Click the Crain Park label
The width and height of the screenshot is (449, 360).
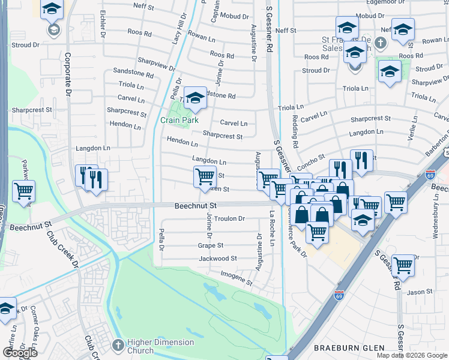(x=179, y=120)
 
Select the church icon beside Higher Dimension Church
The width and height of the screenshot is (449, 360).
(x=118, y=346)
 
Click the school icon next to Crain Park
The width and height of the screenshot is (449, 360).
(x=195, y=97)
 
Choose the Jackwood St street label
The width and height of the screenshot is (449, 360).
(x=217, y=259)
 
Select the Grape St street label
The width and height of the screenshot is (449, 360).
(x=211, y=245)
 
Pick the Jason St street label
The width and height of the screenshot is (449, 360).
(x=420, y=292)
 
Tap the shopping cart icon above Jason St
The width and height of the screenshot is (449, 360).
(x=403, y=264)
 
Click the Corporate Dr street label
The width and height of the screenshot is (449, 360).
(x=68, y=74)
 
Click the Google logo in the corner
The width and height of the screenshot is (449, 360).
(x=20, y=353)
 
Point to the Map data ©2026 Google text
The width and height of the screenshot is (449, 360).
(x=411, y=355)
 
